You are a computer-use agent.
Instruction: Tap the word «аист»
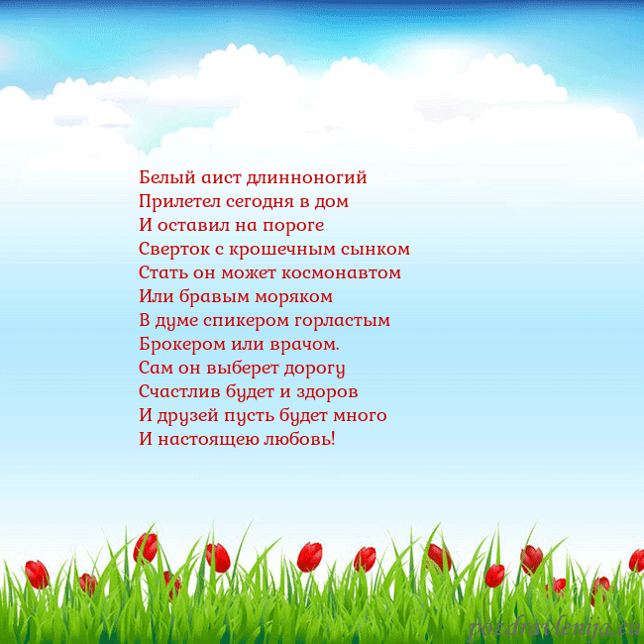tap(210, 178)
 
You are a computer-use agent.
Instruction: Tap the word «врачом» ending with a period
tap(305, 344)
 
